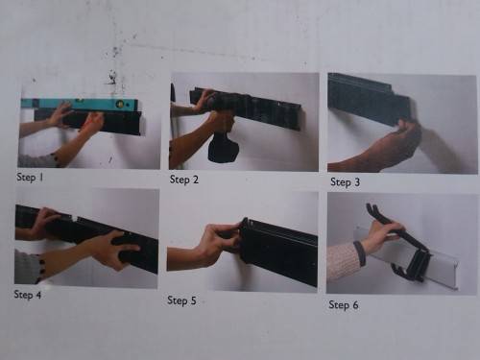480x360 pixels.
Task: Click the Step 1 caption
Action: coord(36,178)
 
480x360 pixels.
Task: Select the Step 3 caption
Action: coord(347,181)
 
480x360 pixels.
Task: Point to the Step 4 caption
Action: coord(34,295)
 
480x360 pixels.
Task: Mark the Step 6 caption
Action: coord(347,304)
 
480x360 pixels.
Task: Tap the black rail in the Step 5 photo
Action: coord(278,252)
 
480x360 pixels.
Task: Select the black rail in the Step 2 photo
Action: coord(254,106)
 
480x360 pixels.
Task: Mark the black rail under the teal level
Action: coord(106,122)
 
